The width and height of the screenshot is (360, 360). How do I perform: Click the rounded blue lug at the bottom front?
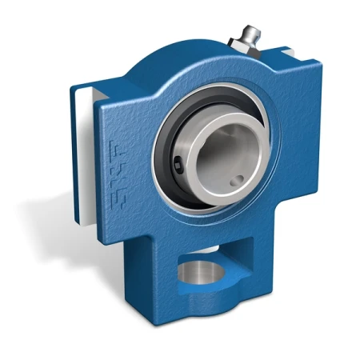pyautogui.click(x=192, y=312)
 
